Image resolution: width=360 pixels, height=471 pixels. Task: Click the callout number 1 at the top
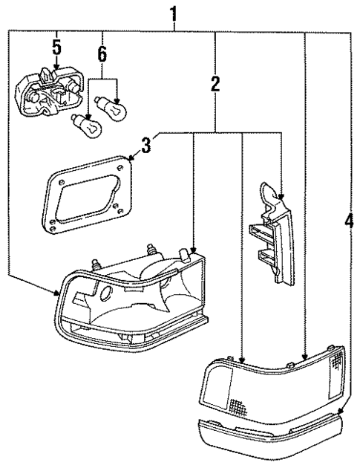coord(174,13)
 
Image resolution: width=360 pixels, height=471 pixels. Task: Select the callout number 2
coord(215,84)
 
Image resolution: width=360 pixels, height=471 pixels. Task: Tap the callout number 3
coord(146,145)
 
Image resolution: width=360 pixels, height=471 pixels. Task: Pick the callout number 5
coord(56,48)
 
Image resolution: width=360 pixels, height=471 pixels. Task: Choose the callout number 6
coord(102,54)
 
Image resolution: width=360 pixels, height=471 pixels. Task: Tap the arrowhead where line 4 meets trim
coord(341,410)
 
